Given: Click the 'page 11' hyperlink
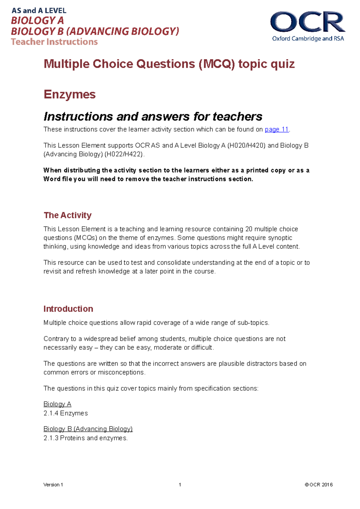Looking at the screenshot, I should click(x=277, y=129).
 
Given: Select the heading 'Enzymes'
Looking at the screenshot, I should click(x=70, y=94).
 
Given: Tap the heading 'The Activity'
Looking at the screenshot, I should click(x=67, y=215).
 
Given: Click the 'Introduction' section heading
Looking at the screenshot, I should click(x=68, y=309).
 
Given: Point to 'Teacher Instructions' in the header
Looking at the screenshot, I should click(x=54, y=42).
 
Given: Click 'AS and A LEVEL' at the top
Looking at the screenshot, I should click(x=39, y=11).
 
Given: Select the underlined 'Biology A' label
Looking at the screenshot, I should click(x=57, y=404).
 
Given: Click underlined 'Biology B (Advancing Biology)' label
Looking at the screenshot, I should click(x=88, y=429).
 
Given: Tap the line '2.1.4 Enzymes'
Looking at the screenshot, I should click(x=66, y=413).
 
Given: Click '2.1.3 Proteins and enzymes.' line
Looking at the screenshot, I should click(x=85, y=438).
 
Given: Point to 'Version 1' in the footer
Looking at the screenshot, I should click(x=53, y=485).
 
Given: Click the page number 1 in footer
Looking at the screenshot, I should click(x=180, y=485).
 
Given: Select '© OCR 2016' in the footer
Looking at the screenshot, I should click(x=319, y=485).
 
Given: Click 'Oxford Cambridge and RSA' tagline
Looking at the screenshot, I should click(x=308, y=39).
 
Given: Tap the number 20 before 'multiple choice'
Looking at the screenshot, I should click(x=249, y=229).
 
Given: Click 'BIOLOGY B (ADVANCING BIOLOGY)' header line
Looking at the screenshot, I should click(x=95, y=31).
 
